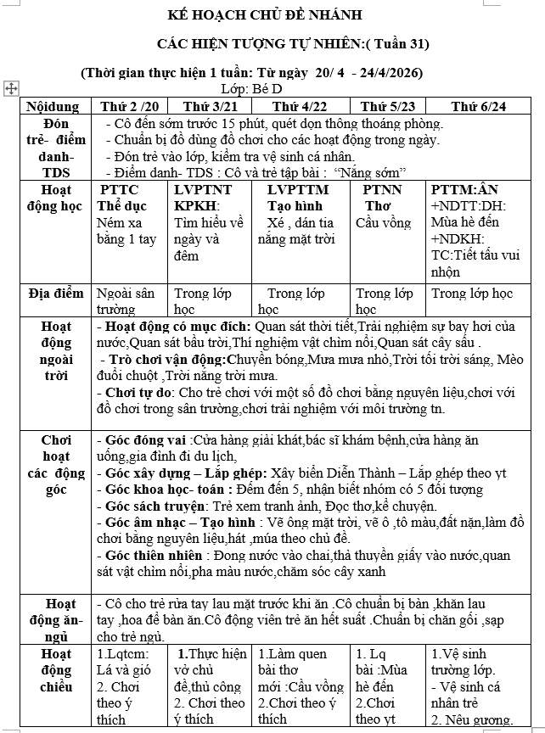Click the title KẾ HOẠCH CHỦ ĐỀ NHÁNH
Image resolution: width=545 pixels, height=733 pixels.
pyautogui.click(x=276, y=15)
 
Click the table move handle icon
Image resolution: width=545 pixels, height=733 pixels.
pyautogui.click(x=11, y=87)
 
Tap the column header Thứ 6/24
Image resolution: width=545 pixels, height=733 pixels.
pyautogui.click(x=479, y=106)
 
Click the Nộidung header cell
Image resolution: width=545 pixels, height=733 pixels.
pyautogui.click(x=53, y=106)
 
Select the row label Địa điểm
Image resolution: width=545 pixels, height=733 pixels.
pyautogui.click(x=53, y=294)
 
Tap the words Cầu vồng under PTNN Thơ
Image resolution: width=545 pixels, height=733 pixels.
pyautogui.click(x=383, y=223)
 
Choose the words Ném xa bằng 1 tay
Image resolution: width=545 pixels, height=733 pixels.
pyautogui.click(x=126, y=231)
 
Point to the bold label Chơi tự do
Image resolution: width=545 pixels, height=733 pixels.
pyautogui.click(x=137, y=393)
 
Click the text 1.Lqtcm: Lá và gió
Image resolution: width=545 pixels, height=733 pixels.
pyautogui.click(x=124, y=662)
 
